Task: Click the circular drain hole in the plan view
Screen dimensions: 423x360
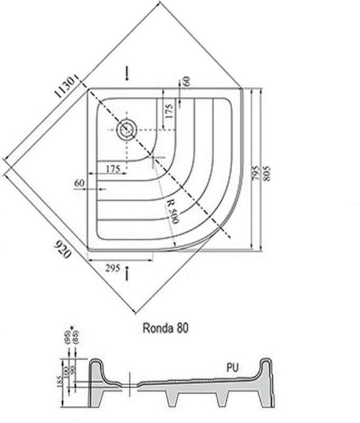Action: pyautogui.click(x=127, y=129)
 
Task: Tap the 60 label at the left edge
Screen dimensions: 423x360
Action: pyautogui.click(x=79, y=182)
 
